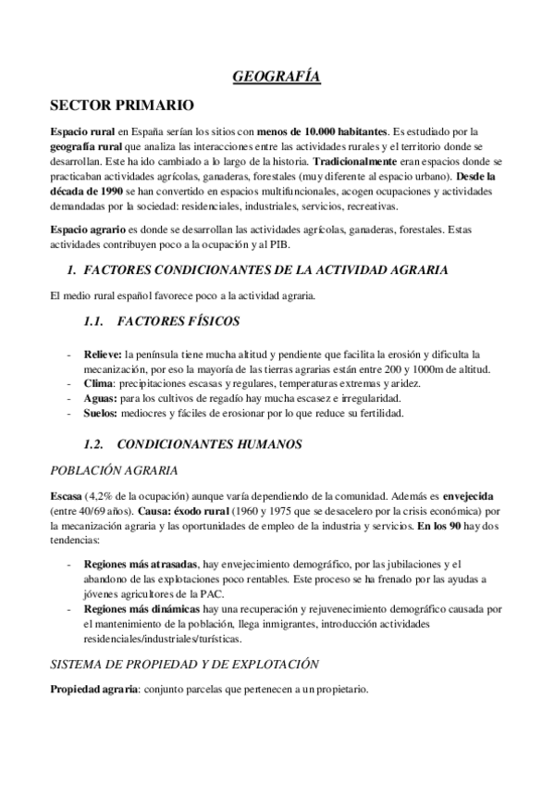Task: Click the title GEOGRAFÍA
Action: tap(277, 79)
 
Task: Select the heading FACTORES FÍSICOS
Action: tap(180, 321)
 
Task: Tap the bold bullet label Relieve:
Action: tap(103, 354)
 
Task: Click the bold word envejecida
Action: tap(474, 495)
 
